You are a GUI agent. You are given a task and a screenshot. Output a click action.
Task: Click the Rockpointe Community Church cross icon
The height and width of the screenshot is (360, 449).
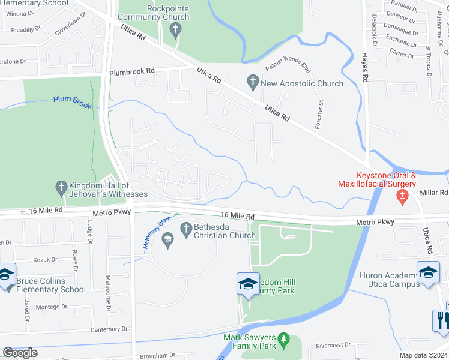pyautogui.click(x=175, y=30)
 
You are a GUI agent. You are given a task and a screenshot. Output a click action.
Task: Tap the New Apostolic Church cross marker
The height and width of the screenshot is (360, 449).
pyautogui.click(x=253, y=80)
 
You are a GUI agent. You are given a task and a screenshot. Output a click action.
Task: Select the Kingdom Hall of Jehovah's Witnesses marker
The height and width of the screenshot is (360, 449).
pyautogui.click(x=60, y=188)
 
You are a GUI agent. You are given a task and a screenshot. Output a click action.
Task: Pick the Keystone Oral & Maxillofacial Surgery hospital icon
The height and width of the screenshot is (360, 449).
pyautogui.click(x=402, y=196)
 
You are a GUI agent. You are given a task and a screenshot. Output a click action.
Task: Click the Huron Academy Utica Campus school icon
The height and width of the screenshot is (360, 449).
pyautogui.click(x=428, y=272)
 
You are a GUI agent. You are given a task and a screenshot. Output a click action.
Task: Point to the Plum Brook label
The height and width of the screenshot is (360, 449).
pyautogui.click(x=73, y=102)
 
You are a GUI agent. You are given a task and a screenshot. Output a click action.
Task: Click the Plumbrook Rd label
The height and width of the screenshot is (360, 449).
pyautogui.click(x=131, y=71)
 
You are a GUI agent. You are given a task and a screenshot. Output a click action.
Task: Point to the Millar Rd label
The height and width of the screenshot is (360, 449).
pyautogui.click(x=435, y=193)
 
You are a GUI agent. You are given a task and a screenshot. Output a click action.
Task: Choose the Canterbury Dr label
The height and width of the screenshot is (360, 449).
pyautogui.click(x=108, y=329)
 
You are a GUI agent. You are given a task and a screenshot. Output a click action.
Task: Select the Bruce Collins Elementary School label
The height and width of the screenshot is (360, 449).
pyautogui.click(x=51, y=284)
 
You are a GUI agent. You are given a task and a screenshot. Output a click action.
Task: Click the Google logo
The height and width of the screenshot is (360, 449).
pyautogui.click(x=20, y=353)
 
